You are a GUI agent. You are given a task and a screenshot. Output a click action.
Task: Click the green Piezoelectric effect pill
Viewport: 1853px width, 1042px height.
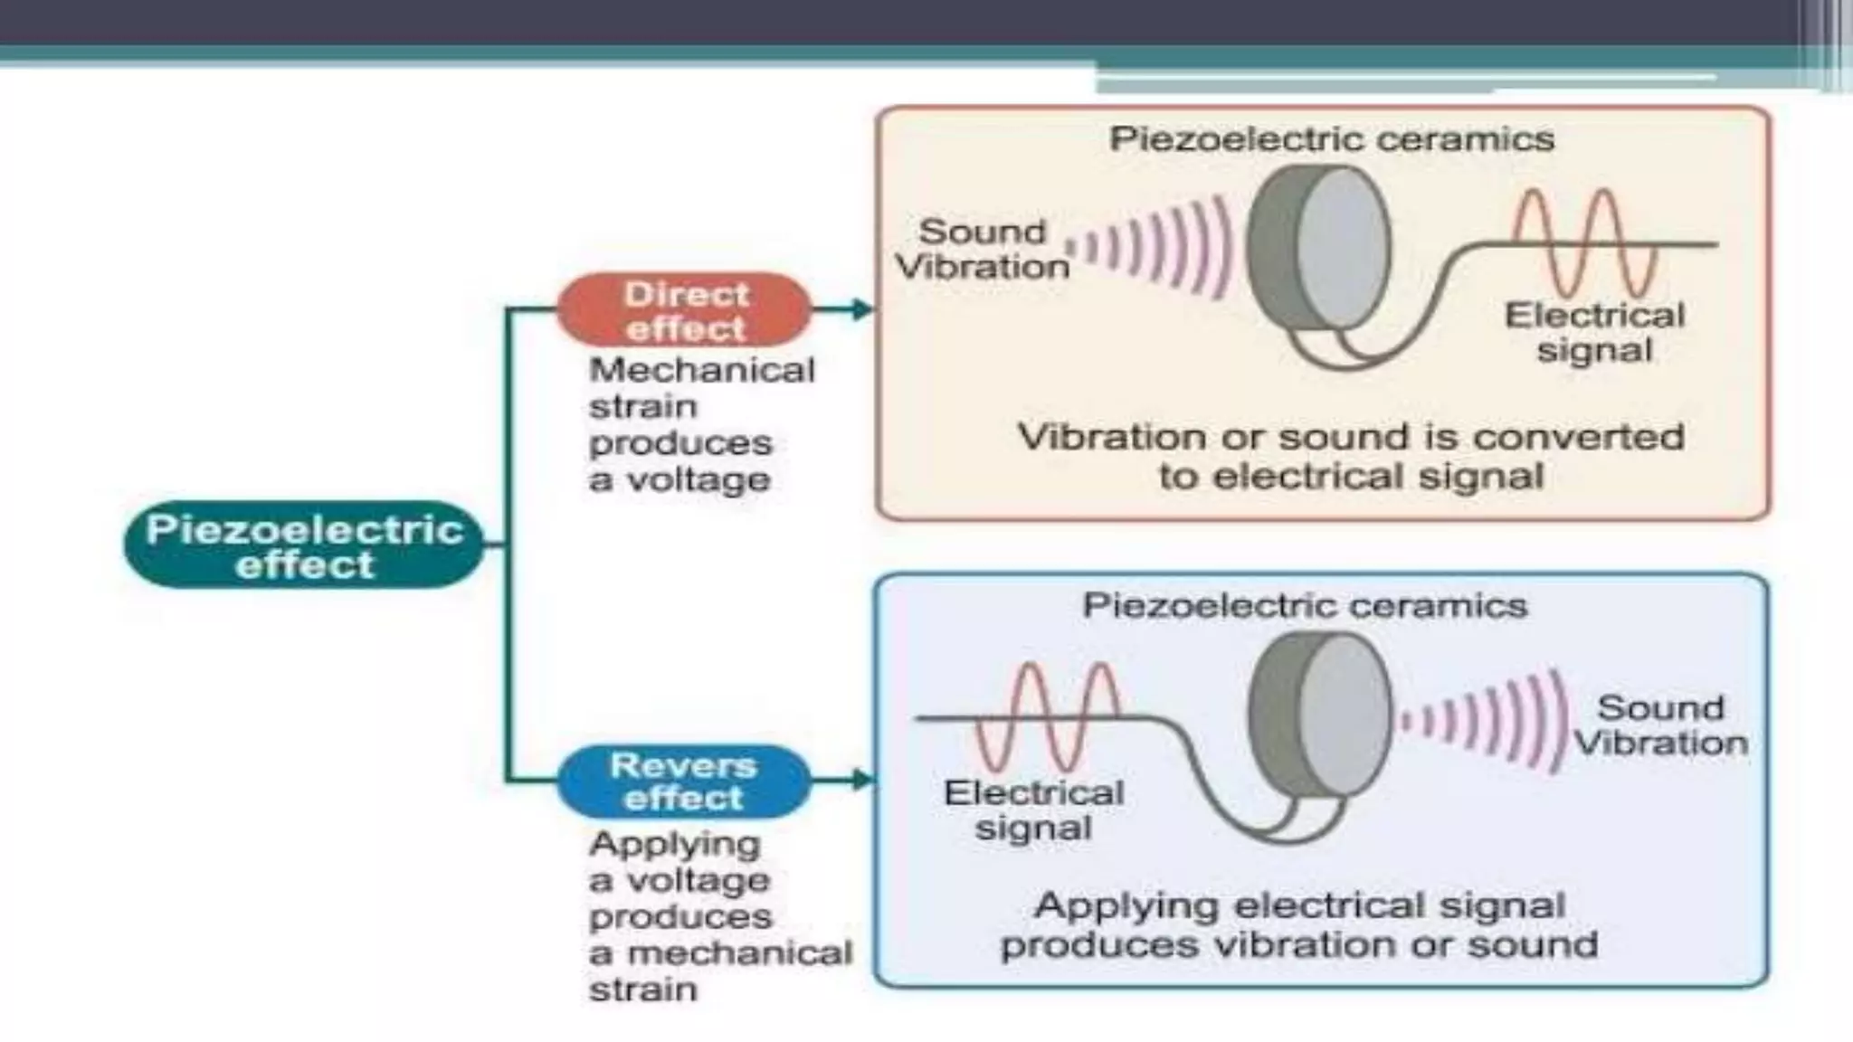304,545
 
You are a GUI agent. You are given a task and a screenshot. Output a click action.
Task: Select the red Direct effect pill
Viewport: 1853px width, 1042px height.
685,310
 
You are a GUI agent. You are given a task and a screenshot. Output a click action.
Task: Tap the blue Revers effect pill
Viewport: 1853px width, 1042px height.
683,781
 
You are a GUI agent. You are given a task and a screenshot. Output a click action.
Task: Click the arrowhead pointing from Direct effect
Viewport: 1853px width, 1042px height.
861,310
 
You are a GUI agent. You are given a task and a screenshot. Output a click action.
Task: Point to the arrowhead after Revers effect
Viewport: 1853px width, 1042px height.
861,780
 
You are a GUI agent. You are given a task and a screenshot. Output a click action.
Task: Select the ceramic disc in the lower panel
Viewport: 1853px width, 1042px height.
1319,715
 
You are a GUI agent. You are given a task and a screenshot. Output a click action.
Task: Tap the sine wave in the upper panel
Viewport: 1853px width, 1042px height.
1584,242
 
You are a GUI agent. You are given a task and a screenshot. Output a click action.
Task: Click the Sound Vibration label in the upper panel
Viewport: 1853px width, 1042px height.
983,249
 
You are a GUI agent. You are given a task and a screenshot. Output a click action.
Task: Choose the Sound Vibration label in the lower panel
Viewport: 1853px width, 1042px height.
1660,725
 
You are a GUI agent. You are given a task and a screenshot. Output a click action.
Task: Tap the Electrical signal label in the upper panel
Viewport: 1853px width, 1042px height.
1594,333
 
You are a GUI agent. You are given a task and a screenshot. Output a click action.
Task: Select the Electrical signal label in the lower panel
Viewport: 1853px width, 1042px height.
1033,810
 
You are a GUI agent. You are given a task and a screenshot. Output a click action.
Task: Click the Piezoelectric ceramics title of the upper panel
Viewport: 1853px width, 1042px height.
1332,139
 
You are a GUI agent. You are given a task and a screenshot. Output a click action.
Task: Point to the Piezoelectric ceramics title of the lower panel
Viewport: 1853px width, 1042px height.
1305,605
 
